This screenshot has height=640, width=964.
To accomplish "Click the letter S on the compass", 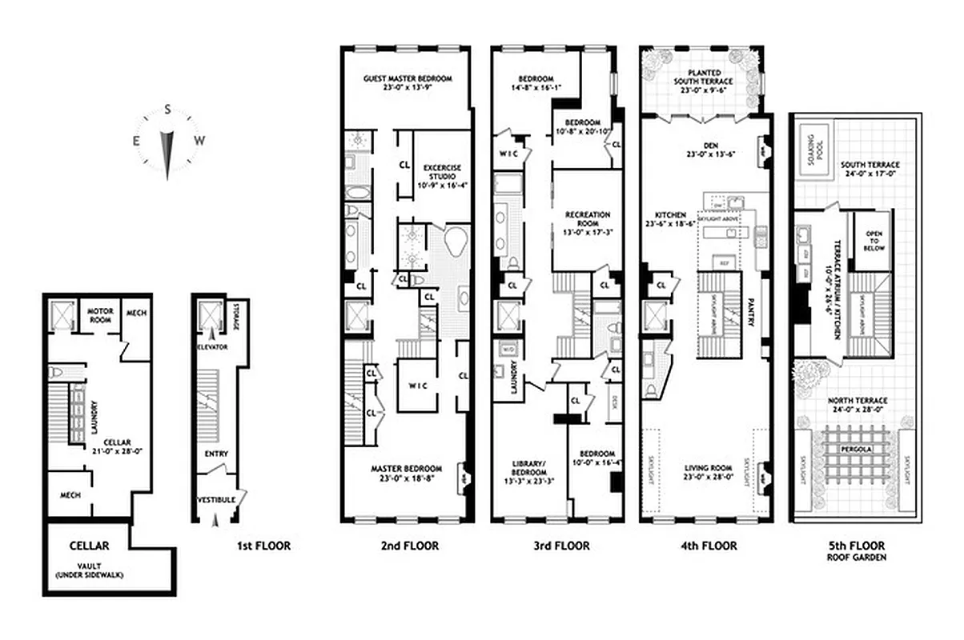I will pyautogui.click(x=167, y=109).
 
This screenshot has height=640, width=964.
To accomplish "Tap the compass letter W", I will pyautogui.click(x=200, y=141).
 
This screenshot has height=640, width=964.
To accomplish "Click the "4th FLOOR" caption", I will pyautogui.click(x=704, y=547).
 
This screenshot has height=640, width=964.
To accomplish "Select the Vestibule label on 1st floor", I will pyautogui.click(x=215, y=500).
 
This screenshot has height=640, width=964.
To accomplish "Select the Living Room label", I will pyautogui.click(x=705, y=472).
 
